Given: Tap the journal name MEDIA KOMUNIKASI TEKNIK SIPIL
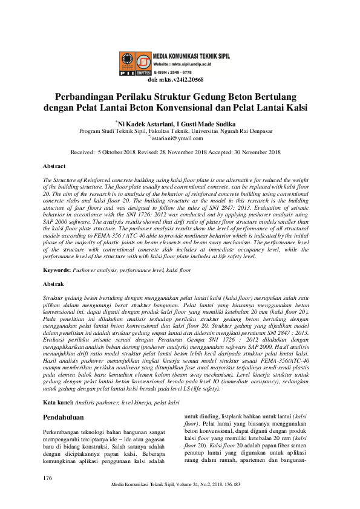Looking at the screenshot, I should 191,54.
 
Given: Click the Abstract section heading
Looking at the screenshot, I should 55,166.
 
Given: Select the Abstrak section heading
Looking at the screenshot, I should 54,283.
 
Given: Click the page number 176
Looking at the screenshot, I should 48,478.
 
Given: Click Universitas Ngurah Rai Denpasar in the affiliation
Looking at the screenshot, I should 229,131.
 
